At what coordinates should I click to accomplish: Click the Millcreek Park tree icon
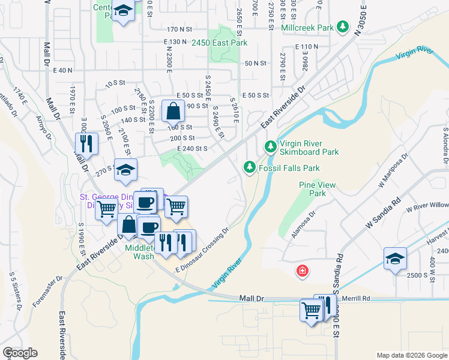342,27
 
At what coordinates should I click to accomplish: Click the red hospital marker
303,271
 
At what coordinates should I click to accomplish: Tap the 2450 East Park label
219,42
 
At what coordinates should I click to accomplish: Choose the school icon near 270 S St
125,170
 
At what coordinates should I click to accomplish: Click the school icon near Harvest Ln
395,258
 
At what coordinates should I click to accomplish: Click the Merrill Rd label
358,298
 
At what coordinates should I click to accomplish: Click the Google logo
19,353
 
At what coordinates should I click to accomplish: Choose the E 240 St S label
192,148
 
